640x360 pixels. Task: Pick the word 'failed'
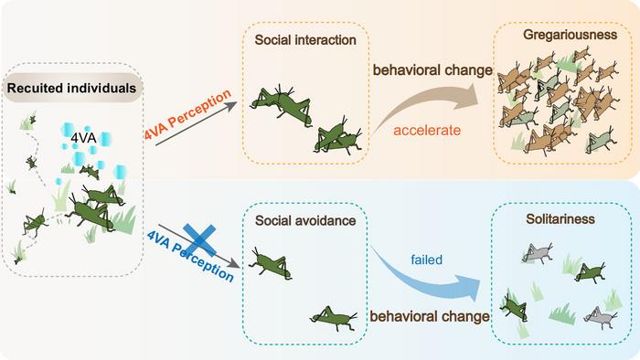(426, 259)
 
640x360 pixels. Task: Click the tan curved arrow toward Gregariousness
(430, 103)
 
